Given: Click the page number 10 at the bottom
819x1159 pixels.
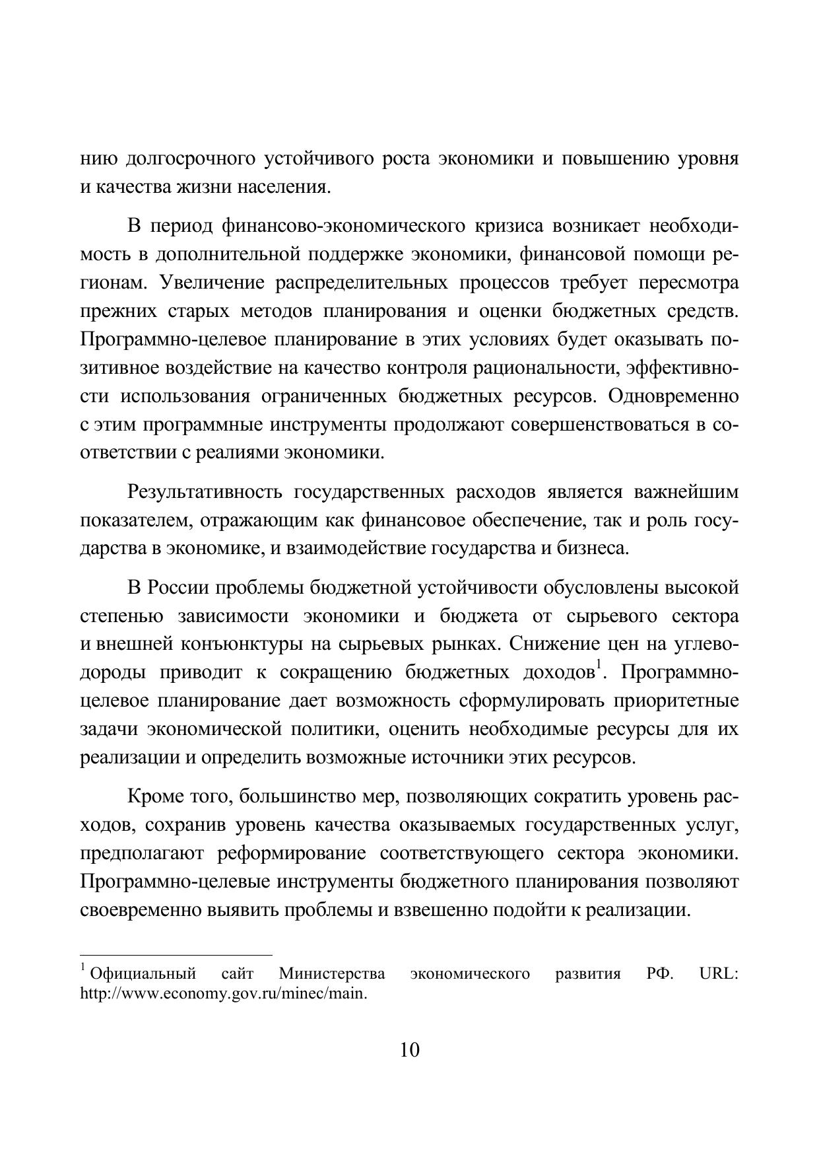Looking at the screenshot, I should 409,1049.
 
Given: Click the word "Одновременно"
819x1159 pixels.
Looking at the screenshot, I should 673,396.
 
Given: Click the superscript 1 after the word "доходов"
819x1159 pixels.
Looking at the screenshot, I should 597,666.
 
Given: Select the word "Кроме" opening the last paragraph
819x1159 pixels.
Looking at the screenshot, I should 156,796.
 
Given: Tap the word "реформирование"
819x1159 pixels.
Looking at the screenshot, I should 291,853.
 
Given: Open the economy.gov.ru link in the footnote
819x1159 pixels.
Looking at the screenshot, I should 223,993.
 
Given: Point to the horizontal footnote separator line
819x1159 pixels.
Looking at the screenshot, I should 176,955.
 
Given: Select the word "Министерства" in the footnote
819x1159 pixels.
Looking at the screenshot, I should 332,974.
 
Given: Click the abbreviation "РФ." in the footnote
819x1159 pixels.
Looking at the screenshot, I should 660,974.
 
